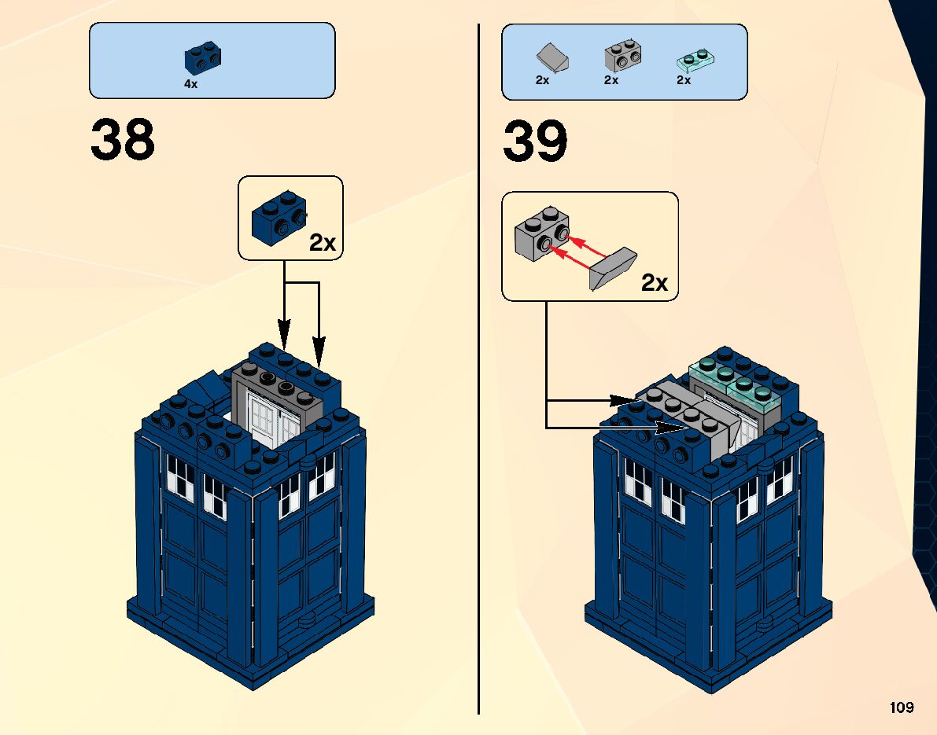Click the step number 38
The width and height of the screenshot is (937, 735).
123,140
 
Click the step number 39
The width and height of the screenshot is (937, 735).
535,141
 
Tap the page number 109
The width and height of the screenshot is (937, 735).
902,707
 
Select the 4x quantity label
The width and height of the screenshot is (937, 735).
190,84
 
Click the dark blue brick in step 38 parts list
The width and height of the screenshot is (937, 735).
203,60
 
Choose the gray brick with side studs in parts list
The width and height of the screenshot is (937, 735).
622,55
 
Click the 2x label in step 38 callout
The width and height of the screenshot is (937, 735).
323,243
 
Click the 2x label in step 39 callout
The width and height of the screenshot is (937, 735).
655,283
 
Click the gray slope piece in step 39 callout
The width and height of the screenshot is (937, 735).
615,267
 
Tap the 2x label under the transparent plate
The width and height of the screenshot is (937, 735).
683,80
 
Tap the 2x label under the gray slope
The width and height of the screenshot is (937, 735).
542,80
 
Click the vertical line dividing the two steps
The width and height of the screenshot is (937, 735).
478,369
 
